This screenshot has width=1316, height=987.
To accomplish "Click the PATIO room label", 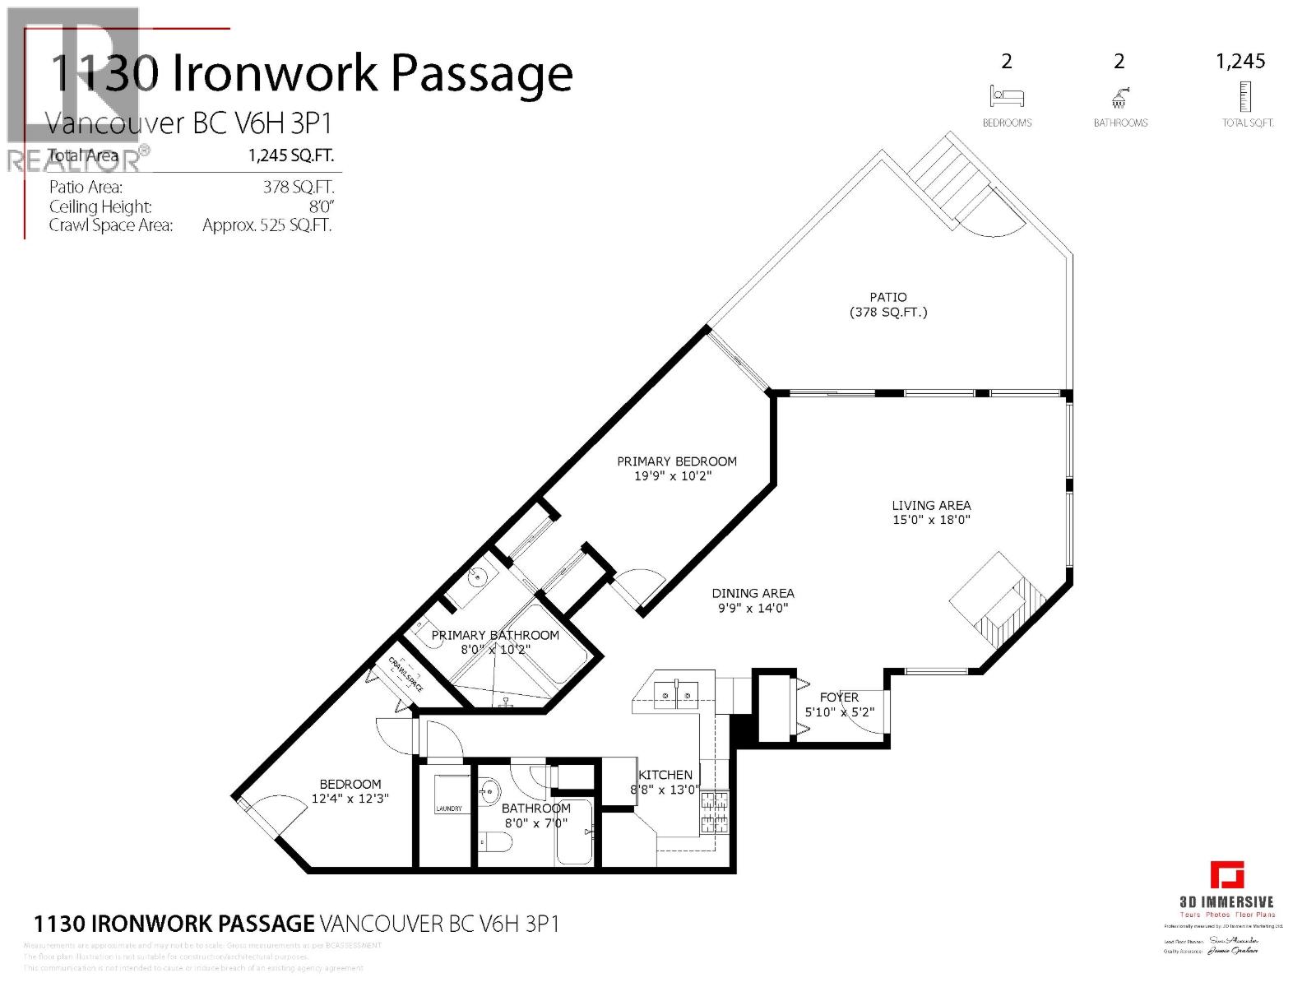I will tap(888, 297).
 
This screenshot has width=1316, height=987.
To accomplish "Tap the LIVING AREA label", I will tap(931, 505).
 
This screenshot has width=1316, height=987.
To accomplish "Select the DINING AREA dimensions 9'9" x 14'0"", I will tap(753, 609).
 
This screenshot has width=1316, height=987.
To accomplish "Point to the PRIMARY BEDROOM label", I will tap(677, 461).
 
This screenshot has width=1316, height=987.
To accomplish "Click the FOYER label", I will tap(839, 697).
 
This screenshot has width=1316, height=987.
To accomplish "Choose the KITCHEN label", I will tap(665, 775).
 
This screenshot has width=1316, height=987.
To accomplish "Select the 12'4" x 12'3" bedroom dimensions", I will tap(350, 799).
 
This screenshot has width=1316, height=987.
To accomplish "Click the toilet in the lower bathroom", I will tap(495, 842).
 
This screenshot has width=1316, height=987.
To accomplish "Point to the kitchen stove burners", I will tap(713, 811).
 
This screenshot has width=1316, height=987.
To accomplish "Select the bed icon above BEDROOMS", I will tap(1007, 97).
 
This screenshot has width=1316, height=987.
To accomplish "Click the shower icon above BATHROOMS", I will tap(1119, 98).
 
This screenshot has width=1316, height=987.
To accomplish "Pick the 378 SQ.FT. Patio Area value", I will tap(299, 187).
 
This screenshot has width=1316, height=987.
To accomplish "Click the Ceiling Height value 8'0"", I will tap(321, 206).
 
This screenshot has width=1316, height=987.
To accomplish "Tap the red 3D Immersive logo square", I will tap(1226, 874).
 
